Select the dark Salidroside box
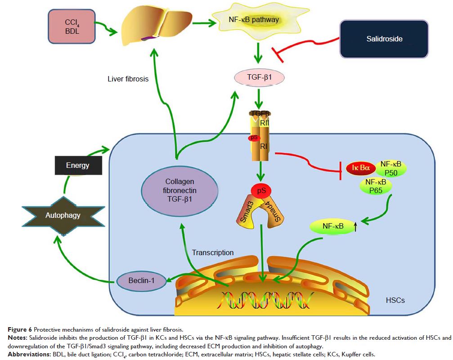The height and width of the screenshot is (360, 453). click(x=384, y=39)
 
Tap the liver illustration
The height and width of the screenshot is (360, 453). click(x=151, y=27)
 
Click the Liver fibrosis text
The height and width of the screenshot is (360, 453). click(x=128, y=79)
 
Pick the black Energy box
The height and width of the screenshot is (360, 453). click(x=77, y=165)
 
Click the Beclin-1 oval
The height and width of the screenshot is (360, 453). click(x=140, y=280)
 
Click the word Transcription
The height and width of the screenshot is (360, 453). click(x=213, y=252)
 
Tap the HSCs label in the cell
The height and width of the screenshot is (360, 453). click(x=395, y=300)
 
